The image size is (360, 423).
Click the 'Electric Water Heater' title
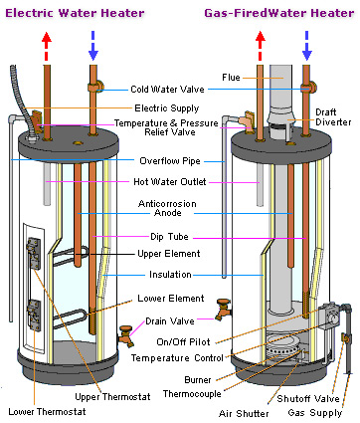[x=75, y=13]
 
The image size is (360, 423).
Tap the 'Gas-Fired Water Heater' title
[x=279, y=13]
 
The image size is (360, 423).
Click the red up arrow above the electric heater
[x=47, y=46]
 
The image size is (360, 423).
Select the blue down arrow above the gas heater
[x=307, y=46]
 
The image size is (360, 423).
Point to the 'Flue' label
[x=231, y=78]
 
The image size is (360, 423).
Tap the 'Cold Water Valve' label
[x=167, y=90]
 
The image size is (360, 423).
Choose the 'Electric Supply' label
[x=167, y=108]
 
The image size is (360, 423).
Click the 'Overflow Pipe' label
[x=170, y=161]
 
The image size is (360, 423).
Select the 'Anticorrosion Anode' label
[x=167, y=208]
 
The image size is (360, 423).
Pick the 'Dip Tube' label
[x=169, y=237]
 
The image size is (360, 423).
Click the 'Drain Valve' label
[x=170, y=321]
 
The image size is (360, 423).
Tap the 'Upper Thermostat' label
[x=112, y=397]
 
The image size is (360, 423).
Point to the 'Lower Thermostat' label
[x=47, y=412]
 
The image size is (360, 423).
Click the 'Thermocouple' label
[x=192, y=394]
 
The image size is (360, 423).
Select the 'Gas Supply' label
[x=315, y=413]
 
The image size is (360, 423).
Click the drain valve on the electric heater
[x=126, y=335]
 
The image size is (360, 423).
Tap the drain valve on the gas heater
[x=223, y=310]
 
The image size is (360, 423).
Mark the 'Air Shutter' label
[x=244, y=414]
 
